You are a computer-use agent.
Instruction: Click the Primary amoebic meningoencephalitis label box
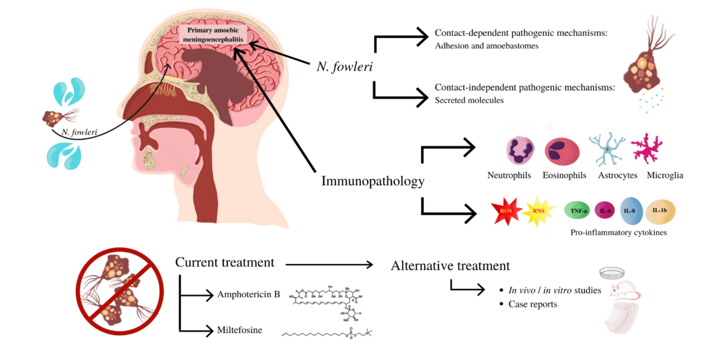pos(212,35)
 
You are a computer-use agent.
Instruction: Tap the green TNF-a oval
pos(579,209)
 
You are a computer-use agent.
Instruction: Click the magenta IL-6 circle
pos(606,209)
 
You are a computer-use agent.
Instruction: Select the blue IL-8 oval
pos(632,209)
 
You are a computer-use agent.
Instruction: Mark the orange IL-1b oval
pos(660,209)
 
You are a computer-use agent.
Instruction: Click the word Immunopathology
pos(372,181)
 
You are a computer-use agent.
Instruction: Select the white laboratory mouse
pos(626,304)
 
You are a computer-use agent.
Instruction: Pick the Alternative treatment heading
pos(450,265)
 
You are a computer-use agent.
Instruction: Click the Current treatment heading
pos(224,263)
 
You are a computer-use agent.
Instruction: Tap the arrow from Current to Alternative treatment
pos(329,264)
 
